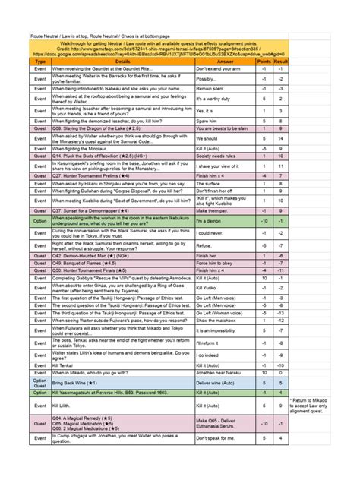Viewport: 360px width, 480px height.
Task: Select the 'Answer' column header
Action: click(226, 62)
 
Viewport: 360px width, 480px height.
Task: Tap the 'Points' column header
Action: click(263, 62)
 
